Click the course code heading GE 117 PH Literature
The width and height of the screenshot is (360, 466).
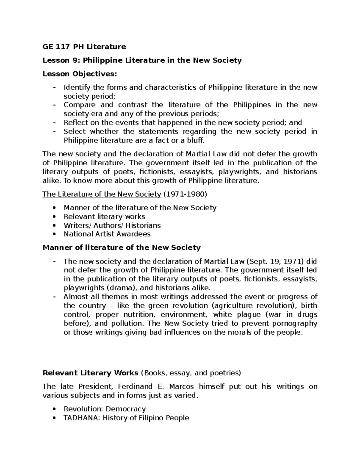coord(84,47)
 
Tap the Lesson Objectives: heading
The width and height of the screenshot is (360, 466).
coord(80,74)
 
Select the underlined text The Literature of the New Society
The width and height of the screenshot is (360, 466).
coord(102,194)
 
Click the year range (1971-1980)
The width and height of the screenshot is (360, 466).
coord(185,194)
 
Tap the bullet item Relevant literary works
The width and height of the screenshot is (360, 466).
coord(104,216)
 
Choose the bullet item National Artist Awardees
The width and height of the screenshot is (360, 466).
coord(107,234)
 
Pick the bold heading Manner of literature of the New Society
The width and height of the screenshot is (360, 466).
coord(121,248)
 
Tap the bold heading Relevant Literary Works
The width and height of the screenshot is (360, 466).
coord(90,373)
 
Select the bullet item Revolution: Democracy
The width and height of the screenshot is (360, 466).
coord(105,409)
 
